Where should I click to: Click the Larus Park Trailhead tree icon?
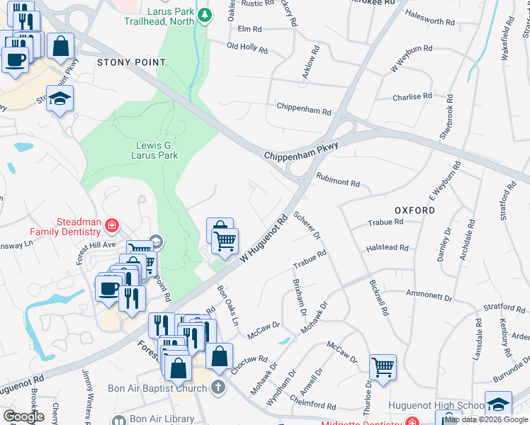click(205, 15)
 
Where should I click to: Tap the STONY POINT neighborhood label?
click(131, 62)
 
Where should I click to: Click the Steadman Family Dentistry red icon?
click(111, 227)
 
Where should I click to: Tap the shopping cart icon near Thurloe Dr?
click(383, 367)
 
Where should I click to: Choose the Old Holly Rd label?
click(247, 48)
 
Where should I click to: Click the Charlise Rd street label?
click(412, 96)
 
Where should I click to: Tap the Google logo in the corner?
click(23, 416)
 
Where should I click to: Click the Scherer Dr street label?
click(307, 225)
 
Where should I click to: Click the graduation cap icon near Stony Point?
click(60, 100)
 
